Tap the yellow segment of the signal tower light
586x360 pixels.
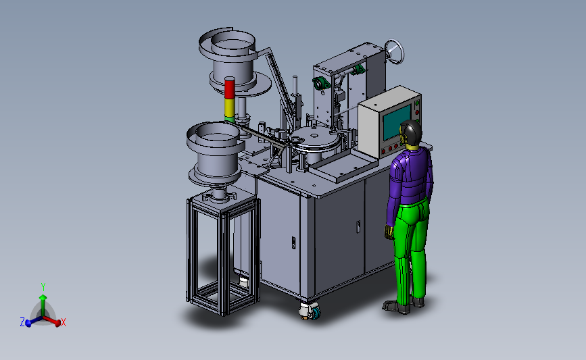point(230,107)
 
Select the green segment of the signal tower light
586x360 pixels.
point(230,119)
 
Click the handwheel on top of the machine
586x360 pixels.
point(394,51)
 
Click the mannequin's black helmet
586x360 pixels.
point(412,132)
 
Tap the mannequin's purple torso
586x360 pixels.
point(410,176)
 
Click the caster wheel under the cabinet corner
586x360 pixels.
point(310,311)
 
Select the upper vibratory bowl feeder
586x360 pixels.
point(234,61)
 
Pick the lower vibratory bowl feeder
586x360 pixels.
point(216,155)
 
